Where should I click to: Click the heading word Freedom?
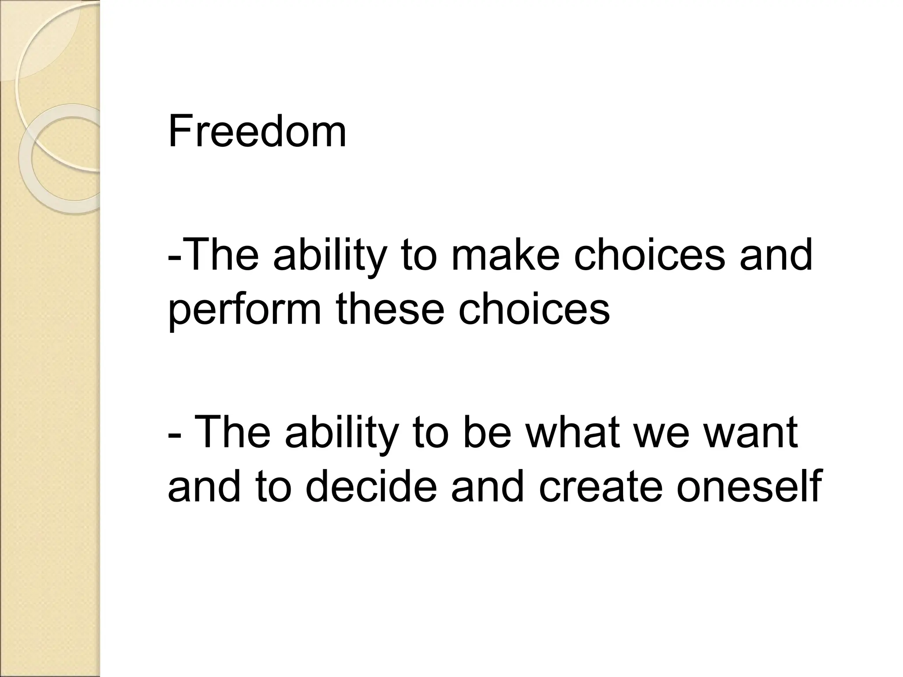(257, 131)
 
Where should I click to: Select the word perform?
(244, 310)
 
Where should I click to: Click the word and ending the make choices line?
(776, 255)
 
